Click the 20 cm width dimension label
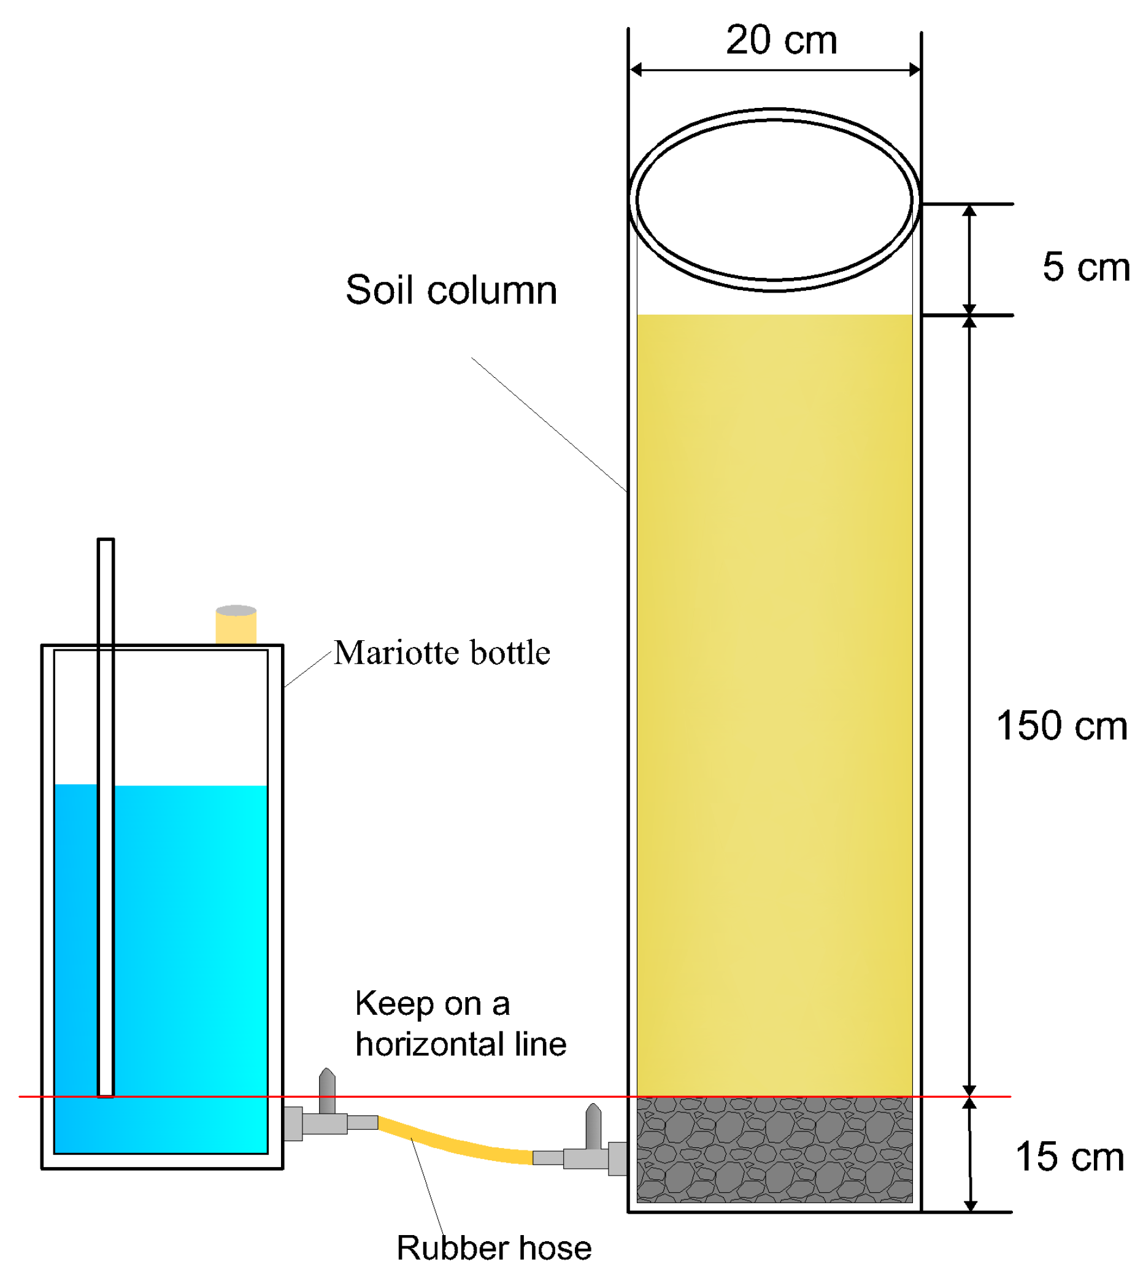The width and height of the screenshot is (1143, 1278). (x=781, y=40)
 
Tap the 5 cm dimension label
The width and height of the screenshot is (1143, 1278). (x=1085, y=267)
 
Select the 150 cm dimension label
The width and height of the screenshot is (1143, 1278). (x=1061, y=725)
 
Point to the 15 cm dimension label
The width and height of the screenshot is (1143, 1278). (x=1069, y=1157)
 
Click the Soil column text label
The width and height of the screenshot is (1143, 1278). (x=451, y=290)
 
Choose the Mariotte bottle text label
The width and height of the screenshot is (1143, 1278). (x=442, y=653)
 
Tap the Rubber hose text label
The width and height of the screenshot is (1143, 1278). (x=494, y=1248)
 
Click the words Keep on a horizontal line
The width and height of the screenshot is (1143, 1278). (x=460, y=1024)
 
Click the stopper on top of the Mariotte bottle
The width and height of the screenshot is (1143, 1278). (x=236, y=624)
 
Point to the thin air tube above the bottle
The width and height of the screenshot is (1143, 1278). (x=106, y=590)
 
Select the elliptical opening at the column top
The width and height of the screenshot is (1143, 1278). (x=774, y=199)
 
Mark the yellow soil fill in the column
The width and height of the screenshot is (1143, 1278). (x=774, y=691)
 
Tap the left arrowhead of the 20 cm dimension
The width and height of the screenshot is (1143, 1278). (x=636, y=70)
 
